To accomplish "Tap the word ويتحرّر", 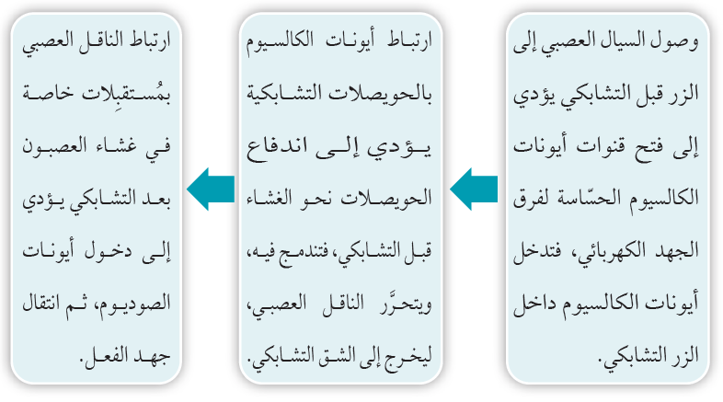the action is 406,303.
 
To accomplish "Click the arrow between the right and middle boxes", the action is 474,189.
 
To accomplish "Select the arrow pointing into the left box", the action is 211,189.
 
